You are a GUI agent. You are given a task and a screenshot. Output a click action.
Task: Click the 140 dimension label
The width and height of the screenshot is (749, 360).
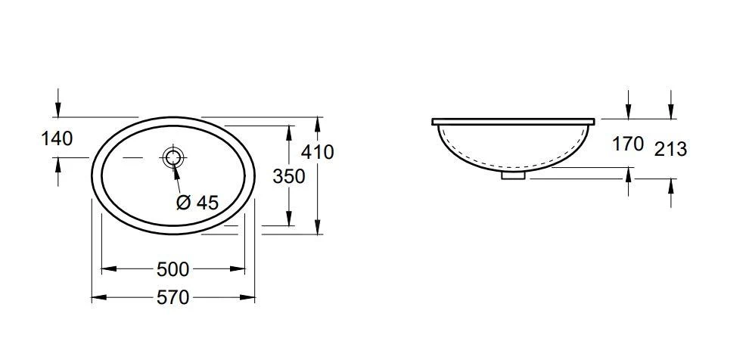(x=57, y=138)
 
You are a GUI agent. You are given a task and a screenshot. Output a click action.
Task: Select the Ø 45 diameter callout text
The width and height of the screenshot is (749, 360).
(x=197, y=202)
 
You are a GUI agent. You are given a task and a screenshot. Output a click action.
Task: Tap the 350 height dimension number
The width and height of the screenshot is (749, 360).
(x=289, y=176)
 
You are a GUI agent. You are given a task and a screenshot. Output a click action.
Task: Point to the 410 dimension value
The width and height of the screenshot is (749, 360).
(x=317, y=152)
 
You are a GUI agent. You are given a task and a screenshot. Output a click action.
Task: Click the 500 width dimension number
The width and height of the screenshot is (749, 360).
(x=172, y=269)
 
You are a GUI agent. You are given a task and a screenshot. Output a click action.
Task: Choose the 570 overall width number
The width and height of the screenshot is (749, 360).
(x=172, y=297)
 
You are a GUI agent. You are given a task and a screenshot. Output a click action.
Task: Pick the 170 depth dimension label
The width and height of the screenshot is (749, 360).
(x=628, y=144)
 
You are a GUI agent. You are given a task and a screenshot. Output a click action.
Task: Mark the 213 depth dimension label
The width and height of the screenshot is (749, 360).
(x=670, y=149)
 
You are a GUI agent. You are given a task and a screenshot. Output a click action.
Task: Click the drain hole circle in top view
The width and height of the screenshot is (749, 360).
(x=172, y=157)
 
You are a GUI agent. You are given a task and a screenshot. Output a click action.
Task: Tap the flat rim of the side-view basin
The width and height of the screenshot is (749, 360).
(x=514, y=121)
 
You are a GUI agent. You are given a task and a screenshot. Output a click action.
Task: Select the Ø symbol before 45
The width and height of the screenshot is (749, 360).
(x=182, y=202)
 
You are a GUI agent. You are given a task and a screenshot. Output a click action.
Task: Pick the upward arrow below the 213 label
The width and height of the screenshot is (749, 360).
(x=671, y=185)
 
